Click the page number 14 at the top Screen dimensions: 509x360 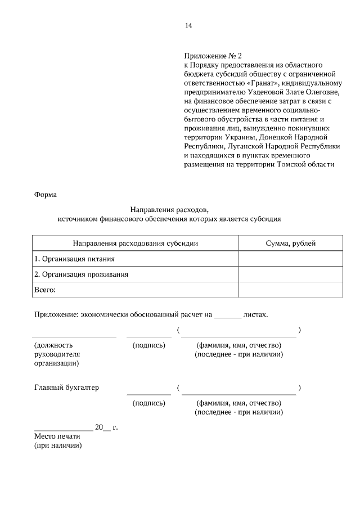pos(188,25)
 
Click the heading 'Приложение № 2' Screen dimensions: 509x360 pos(213,56)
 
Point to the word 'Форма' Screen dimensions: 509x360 pos(46,195)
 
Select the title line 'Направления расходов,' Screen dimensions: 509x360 pos(169,210)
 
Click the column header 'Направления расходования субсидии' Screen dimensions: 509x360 pos(136,243)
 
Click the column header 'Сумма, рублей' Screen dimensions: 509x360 pos(290,243)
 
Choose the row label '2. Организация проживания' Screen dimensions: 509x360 pos(82,274)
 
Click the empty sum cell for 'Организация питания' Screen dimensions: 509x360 pos(290,259)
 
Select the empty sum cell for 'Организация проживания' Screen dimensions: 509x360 pos(290,274)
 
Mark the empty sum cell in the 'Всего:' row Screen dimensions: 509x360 pos(290,290)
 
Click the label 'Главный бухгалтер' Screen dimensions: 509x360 pos(66,388)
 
